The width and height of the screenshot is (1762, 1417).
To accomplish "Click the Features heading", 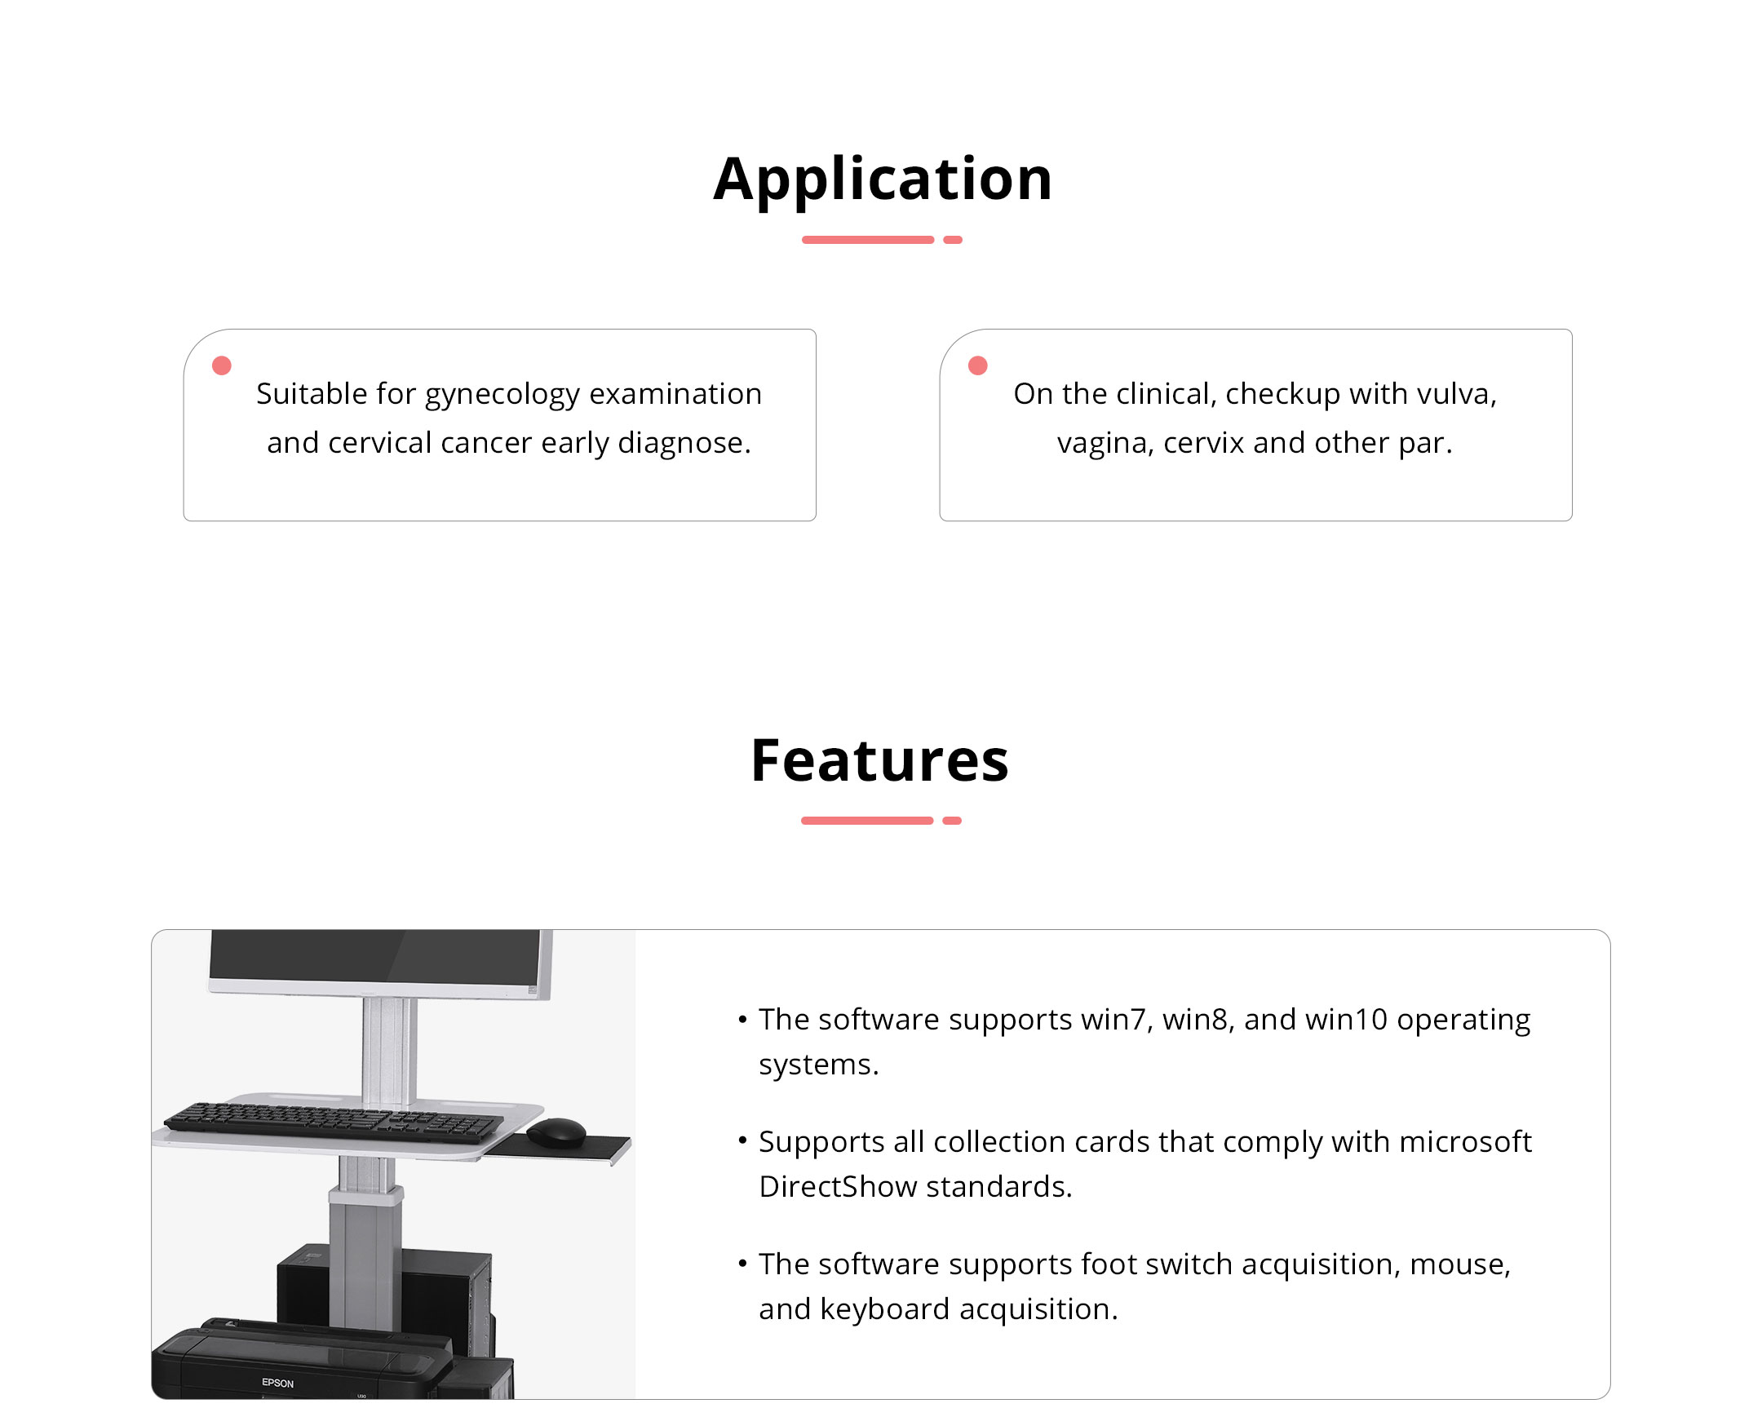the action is pyautogui.click(x=880, y=761).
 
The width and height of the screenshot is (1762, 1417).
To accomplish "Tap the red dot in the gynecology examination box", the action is pyautogui.click(x=222, y=365).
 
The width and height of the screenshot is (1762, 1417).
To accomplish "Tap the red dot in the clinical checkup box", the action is pyautogui.click(x=977, y=365).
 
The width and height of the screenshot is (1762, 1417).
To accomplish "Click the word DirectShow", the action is pyautogui.click(x=838, y=1187).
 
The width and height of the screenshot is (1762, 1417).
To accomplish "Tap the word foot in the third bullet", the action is pyautogui.click(x=1109, y=1264).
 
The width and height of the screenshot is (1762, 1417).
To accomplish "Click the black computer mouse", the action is pyautogui.click(x=556, y=1132).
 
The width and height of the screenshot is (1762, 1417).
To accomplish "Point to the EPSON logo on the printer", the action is pyautogui.click(x=278, y=1383).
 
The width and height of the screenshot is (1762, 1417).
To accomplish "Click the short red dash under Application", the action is pyautogui.click(x=952, y=240).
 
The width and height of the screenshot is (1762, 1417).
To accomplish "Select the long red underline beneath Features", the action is pyautogui.click(x=867, y=821).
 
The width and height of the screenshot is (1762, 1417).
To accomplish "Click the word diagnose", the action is pyautogui.click(x=684, y=443).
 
